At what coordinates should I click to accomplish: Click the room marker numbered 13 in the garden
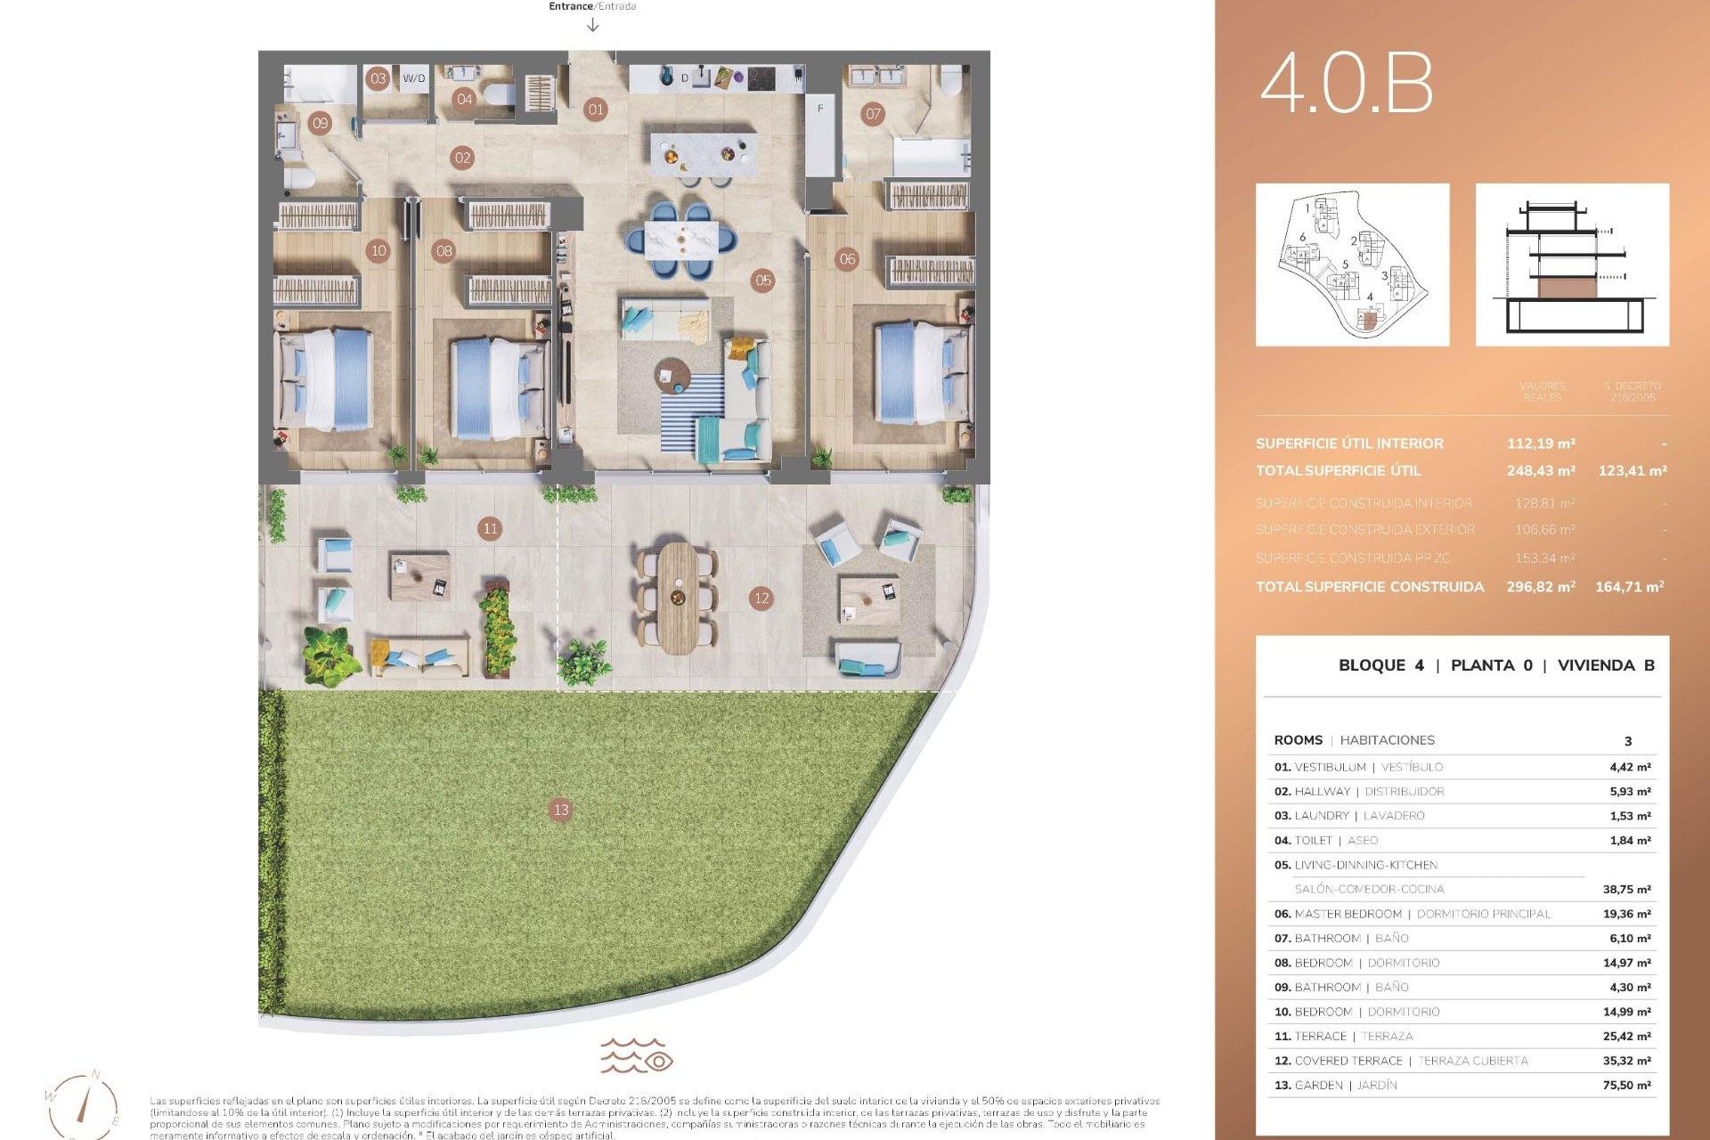[x=560, y=810]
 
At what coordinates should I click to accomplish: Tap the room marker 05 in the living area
[x=763, y=281]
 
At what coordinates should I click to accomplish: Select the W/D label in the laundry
[x=414, y=78]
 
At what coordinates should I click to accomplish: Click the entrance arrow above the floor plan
[x=593, y=25]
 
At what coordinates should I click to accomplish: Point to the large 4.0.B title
[x=1346, y=83]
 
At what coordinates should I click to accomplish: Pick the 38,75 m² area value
[x=1626, y=889]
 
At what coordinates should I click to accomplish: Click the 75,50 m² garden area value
[x=1626, y=1085]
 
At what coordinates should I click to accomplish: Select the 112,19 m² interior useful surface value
[x=1541, y=444]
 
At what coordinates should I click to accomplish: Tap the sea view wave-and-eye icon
[x=636, y=1055]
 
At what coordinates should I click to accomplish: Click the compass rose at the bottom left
[x=83, y=1104]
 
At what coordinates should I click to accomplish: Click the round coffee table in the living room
[x=672, y=374]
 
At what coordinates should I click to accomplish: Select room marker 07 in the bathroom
[x=873, y=113]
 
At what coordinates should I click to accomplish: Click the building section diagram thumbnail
[x=1572, y=265]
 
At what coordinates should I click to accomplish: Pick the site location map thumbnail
[x=1352, y=265]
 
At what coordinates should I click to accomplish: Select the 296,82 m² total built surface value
[x=1541, y=587]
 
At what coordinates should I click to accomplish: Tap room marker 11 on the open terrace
[x=490, y=528]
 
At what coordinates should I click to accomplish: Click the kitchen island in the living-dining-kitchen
[x=704, y=153]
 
